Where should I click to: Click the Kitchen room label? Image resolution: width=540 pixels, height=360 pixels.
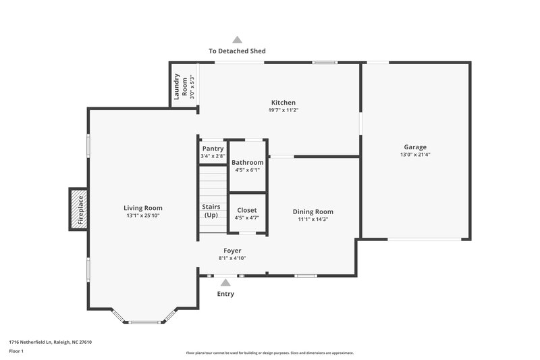[x=283, y=103]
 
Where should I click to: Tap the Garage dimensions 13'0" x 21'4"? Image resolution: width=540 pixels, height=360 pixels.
[x=415, y=155]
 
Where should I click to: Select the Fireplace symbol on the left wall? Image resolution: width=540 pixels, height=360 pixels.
[x=79, y=209]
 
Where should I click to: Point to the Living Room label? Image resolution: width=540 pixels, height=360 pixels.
[x=143, y=208]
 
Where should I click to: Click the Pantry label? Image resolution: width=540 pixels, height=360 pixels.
[x=213, y=149]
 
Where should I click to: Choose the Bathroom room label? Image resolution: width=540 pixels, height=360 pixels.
[x=248, y=163]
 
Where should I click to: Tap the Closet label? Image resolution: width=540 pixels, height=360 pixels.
[x=247, y=210]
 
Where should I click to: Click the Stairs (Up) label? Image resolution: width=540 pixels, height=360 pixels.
[x=211, y=211]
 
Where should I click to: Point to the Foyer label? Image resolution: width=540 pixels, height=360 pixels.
[x=232, y=251]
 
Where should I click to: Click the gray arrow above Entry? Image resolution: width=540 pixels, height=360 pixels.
[x=225, y=282]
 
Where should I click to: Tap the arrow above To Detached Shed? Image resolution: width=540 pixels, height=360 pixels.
[x=237, y=40]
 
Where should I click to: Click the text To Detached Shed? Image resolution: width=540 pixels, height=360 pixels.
[x=237, y=51]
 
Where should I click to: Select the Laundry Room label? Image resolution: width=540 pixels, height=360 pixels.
[x=181, y=86]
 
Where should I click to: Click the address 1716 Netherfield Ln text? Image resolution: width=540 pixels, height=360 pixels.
[x=51, y=342]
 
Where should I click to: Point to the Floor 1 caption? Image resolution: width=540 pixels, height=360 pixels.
[x=16, y=352]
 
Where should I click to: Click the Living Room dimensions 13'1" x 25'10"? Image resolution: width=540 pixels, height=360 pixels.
[x=143, y=216]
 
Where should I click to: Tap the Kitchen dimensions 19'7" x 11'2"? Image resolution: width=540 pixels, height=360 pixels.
[x=283, y=110]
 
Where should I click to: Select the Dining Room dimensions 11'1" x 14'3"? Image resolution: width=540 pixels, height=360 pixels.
[x=313, y=220]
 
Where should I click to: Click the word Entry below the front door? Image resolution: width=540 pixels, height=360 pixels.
[x=225, y=294]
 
